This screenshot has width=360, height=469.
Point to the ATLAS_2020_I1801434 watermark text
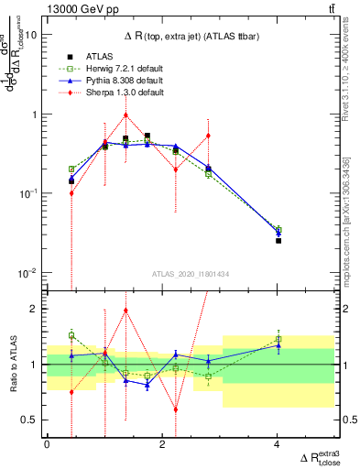click(x=190, y=274)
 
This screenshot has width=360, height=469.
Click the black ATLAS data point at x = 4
click(x=278, y=240)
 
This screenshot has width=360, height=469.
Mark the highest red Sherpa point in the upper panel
click(x=125, y=115)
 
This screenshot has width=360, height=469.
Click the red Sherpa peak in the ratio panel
click(x=125, y=310)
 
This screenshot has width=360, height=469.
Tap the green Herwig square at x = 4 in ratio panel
click(x=278, y=339)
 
